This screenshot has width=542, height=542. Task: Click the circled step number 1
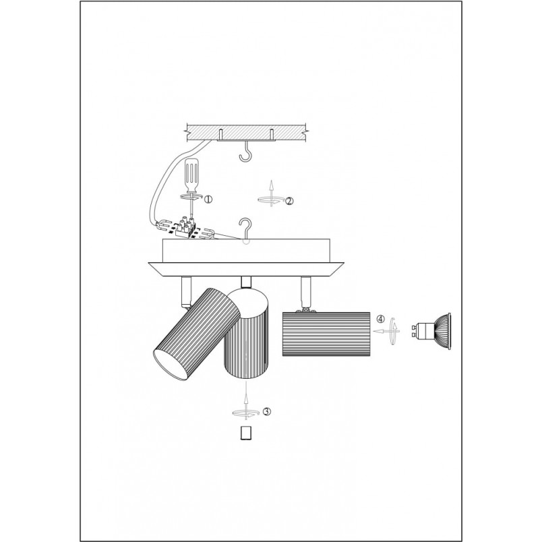click(x=208, y=199)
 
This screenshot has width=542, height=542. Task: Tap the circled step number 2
click(x=289, y=201)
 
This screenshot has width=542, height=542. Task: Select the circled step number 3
click(x=267, y=411)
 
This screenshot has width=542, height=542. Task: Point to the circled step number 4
click(x=380, y=319)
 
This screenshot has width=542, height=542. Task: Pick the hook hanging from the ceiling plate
click(x=246, y=152)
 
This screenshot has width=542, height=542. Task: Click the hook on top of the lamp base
click(x=245, y=231)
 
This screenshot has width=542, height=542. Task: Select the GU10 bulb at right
click(x=431, y=327)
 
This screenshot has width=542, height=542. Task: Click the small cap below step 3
click(x=245, y=433)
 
